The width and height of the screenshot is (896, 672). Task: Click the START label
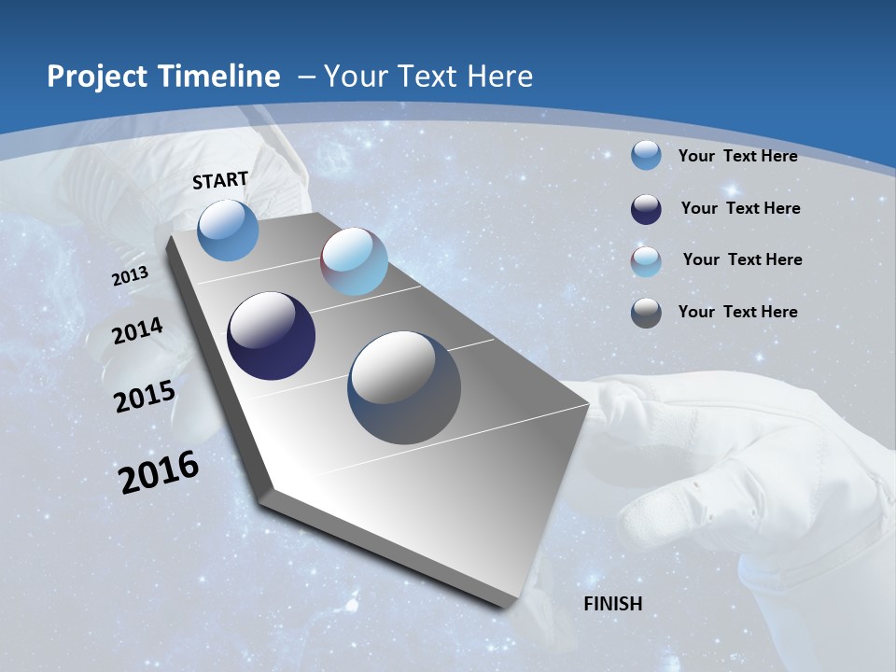pyautogui.click(x=220, y=180)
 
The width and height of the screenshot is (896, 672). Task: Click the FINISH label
pyautogui.click(x=613, y=604)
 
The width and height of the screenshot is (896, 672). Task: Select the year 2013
pyautogui.click(x=130, y=276)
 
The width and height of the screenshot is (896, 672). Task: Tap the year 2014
pyautogui.click(x=137, y=331)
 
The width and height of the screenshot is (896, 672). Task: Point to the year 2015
pyautogui.click(x=144, y=396)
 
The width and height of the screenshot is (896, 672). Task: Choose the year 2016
pyautogui.click(x=159, y=471)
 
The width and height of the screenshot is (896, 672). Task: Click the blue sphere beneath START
pyautogui.click(x=229, y=230)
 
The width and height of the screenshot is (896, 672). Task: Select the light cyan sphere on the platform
pyautogui.click(x=354, y=261)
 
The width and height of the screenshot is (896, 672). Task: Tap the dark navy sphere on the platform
pyautogui.click(x=271, y=336)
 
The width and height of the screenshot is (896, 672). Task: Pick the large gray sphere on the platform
pyautogui.click(x=404, y=387)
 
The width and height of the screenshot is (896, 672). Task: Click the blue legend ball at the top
pyautogui.click(x=646, y=155)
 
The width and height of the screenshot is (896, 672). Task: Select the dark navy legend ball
pyautogui.click(x=646, y=208)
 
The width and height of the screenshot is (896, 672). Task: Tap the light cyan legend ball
pyautogui.click(x=646, y=260)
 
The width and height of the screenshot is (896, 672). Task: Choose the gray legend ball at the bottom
pyautogui.click(x=646, y=313)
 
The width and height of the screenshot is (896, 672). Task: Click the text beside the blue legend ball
pyautogui.click(x=737, y=156)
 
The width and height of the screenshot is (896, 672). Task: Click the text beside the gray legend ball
pyautogui.click(x=737, y=312)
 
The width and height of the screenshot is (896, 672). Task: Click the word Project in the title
pyautogui.click(x=96, y=77)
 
